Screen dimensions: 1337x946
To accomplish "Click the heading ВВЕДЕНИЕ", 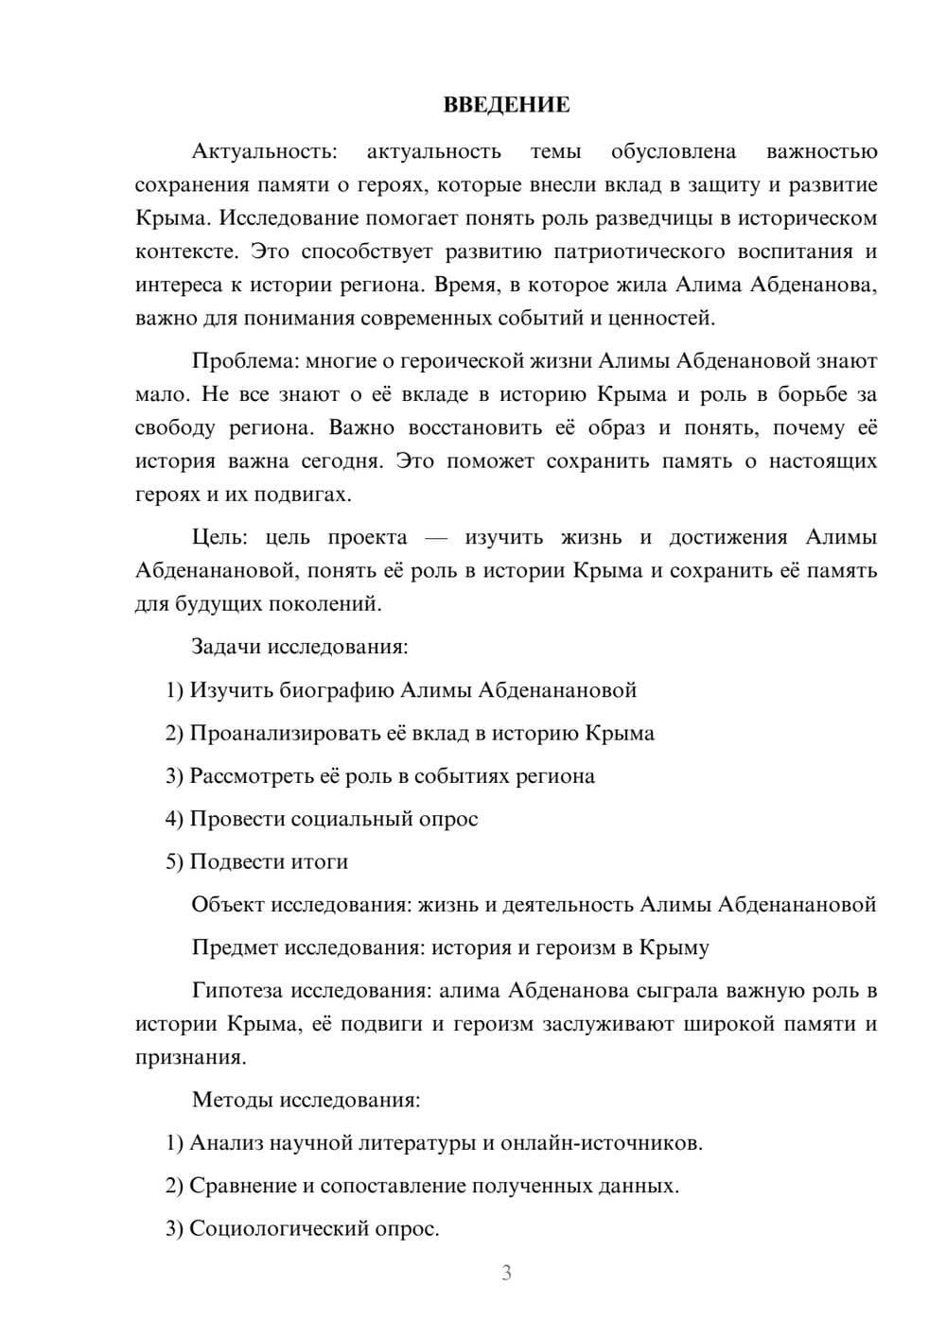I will (x=506, y=105).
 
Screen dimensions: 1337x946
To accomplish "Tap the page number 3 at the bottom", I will (x=506, y=1273).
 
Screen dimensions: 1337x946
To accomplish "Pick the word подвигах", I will (x=311, y=495).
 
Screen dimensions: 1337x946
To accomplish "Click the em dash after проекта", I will (x=435, y=538).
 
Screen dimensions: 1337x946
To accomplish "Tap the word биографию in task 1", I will (x=337, y=690).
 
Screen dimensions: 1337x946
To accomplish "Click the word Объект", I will (x=228, y=905).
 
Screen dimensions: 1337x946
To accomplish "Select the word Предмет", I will (x=235, y=947).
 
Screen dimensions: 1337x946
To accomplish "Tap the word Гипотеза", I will (x=237, y=991).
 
